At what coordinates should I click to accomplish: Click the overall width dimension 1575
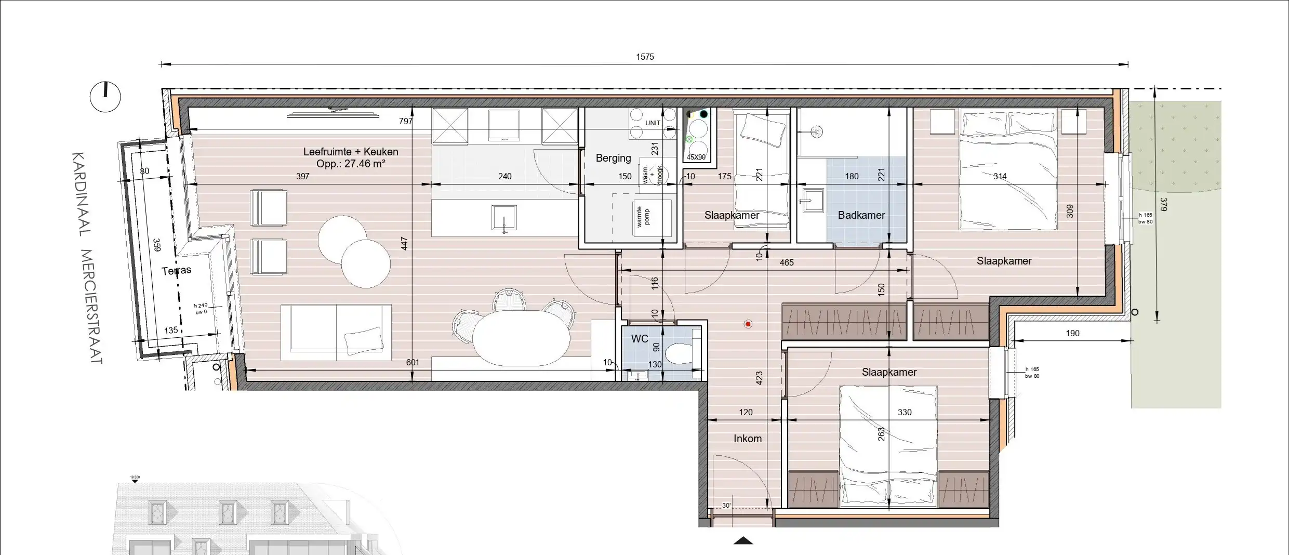[645, 57]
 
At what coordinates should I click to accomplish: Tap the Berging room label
[613, 158]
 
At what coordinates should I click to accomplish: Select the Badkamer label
[861, 215]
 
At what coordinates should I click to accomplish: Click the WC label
[640, 339]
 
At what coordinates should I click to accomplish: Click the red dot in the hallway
[748, 324]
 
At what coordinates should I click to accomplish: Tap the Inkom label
[747, 439]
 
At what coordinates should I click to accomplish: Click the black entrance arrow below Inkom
[743, 541]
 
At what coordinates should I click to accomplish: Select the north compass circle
[105, 97]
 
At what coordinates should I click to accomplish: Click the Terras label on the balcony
[176, 271]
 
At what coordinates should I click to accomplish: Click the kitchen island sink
[503, 218]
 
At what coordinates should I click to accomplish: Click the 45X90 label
[696, 157]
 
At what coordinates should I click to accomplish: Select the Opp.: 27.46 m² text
[351, 164]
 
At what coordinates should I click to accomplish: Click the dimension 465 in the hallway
[786, 263]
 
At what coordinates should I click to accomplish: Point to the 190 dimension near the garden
[1072, 333]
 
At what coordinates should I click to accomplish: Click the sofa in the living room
[336, 333]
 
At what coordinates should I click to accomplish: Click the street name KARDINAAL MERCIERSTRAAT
[88, 257]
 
